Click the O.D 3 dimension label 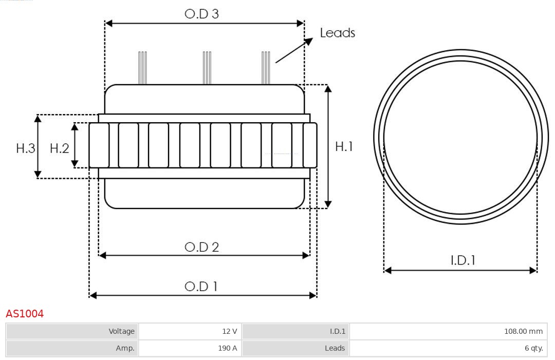(202, 14)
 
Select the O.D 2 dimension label (202, 247)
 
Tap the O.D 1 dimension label (201, 286)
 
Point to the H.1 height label (344, 146)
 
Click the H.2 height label (60, 148)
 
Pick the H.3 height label (26, 148)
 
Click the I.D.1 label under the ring (463, 260)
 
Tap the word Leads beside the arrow (337, 32)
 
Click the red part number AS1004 (25, 314)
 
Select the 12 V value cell (190, 331)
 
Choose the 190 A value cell (190, 348)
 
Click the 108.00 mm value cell (448, 331)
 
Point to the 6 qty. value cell (448, 348)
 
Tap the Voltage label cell (72, 331)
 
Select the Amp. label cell (72, 348)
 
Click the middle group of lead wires (207, 68)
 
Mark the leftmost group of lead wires (142, 68)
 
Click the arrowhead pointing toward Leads (309, 42)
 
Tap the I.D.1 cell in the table (295, 331)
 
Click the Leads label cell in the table (295, 348)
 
